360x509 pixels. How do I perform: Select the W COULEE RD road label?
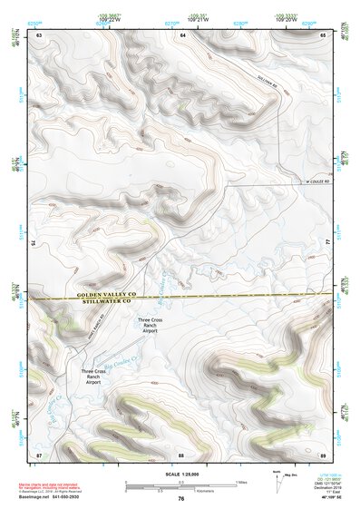coord(314,181)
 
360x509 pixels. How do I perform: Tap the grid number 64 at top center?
coord(182,34)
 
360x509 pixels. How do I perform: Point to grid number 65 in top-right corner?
coord(324,34)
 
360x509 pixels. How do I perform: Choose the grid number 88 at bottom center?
coord(181,454)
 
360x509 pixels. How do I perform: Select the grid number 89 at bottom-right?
coord(323,454)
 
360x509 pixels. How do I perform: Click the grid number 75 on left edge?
coord(34,243)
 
